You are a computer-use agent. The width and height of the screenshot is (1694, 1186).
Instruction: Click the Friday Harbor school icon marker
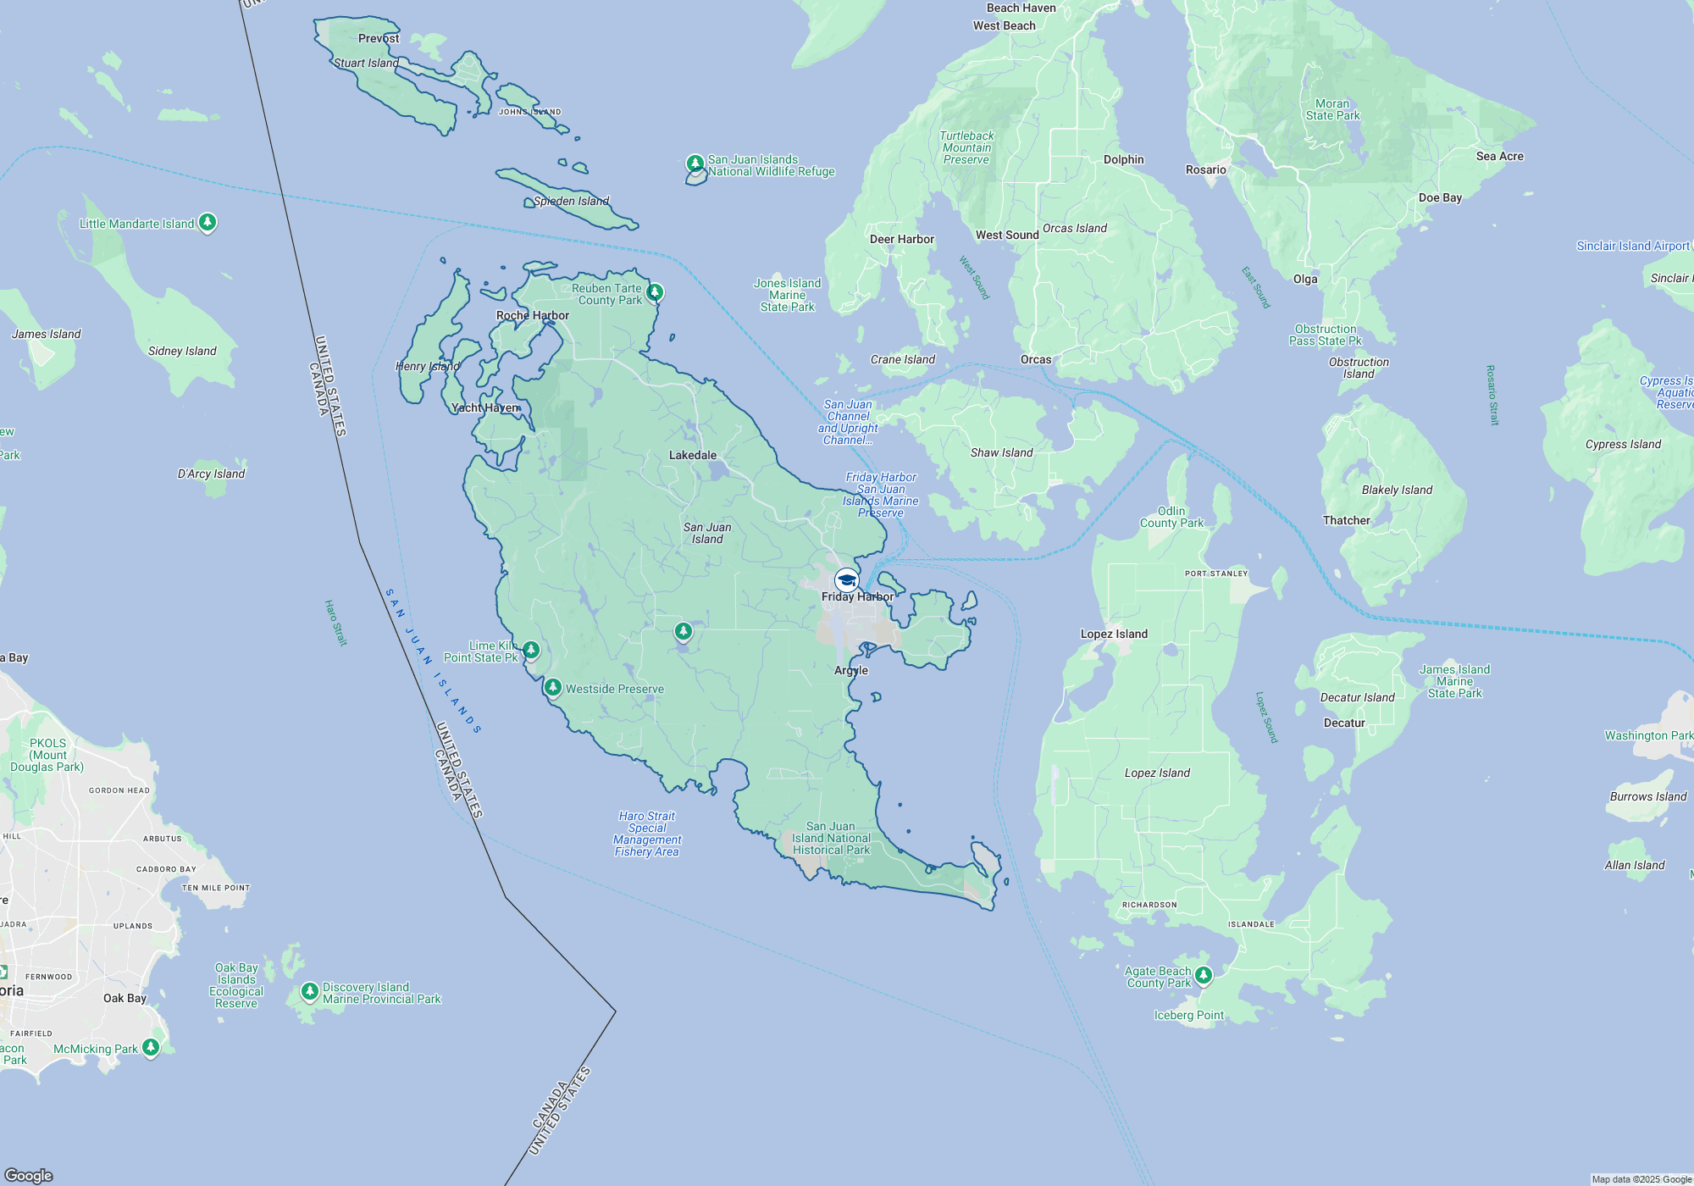point(846,580)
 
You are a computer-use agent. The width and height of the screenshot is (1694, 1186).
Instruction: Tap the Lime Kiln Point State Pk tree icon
point(531,650)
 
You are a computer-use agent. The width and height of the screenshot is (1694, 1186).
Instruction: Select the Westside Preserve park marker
point(553,687)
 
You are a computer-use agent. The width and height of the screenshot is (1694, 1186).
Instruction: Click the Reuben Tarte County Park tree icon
point(654,293)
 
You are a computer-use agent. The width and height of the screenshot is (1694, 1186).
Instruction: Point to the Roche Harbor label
point(532,315)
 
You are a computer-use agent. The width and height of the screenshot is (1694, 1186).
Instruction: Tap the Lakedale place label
point(692,455)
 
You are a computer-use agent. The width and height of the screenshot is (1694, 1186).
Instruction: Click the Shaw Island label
point(1001,452)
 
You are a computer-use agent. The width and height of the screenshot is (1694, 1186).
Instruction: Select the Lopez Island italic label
point(1157,773)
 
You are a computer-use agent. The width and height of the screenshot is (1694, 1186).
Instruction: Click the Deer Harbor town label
point(901,239)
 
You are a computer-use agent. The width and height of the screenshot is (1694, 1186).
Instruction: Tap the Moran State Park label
point(1332,109)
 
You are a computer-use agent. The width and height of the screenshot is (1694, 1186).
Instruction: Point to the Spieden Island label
point(571,201)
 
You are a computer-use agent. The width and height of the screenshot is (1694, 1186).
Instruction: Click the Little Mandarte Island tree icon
point(208,223)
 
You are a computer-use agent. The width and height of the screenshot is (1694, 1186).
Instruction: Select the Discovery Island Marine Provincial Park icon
point(310,991)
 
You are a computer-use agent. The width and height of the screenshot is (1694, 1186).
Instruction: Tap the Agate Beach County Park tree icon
point(1203,975)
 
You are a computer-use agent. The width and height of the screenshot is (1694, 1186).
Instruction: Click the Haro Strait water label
point(335,623)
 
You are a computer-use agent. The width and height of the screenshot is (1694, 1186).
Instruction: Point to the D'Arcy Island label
point(211,474)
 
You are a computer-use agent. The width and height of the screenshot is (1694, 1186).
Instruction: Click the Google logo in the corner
point(29,1175)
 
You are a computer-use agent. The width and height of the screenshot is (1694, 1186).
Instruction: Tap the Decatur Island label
point(1357,697)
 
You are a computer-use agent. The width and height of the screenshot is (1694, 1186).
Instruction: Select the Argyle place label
point(850,670)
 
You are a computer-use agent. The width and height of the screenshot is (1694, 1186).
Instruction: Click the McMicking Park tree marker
point(151,1047)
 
